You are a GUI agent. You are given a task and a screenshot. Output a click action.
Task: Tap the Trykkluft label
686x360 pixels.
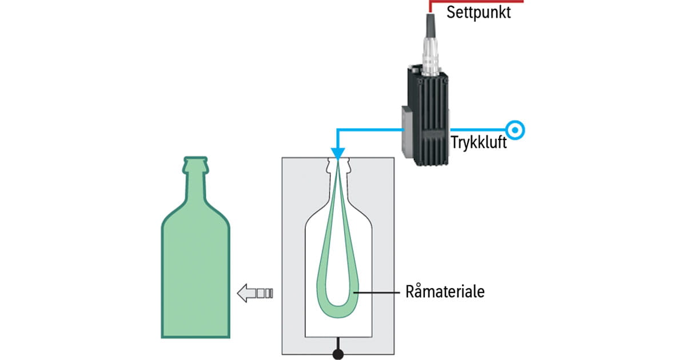(478, 143)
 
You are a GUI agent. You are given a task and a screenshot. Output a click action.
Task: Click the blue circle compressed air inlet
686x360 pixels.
(515, 130)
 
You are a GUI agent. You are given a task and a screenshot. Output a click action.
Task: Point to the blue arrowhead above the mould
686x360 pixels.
(337, 154)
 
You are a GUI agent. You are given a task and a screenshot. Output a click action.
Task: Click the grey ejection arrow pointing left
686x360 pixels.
(254, 293)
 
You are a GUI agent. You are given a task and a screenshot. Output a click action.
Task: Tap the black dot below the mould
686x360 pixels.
(338, 355)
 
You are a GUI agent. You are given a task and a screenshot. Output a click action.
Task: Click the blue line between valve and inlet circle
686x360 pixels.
(480, 130)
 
